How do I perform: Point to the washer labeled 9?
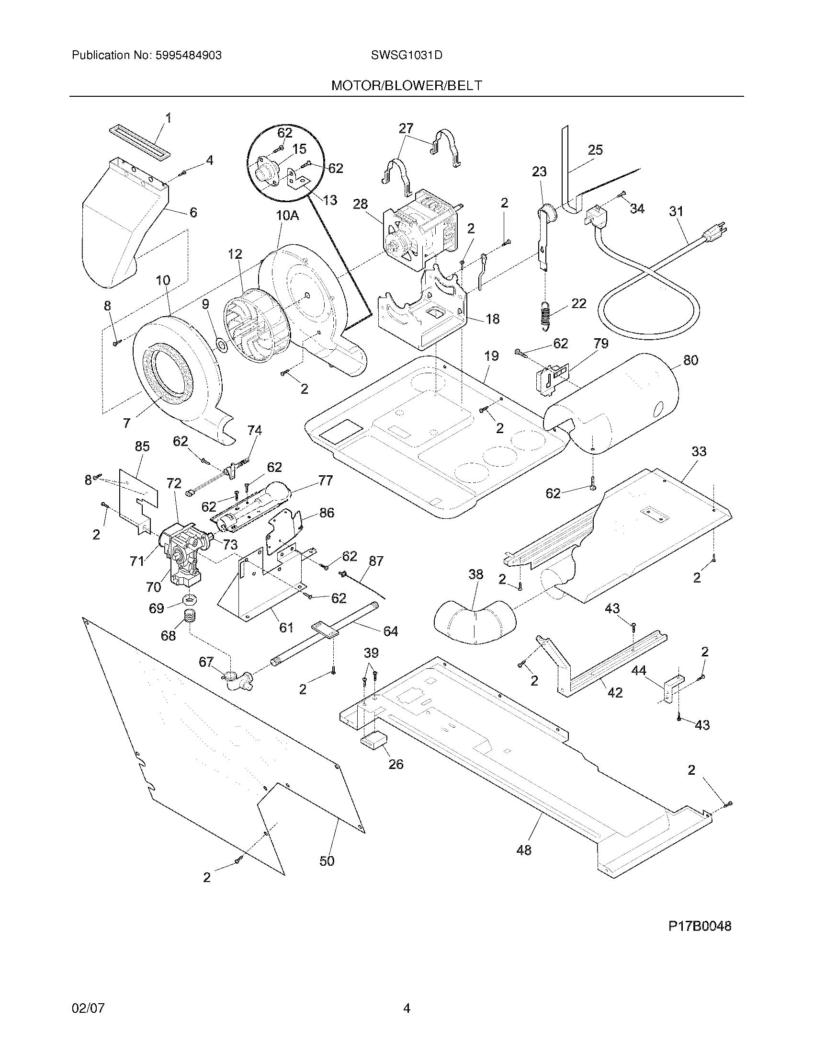point(222,345)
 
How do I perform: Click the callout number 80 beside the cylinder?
point(690,360)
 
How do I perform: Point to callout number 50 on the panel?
point(327,861)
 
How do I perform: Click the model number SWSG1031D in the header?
point(407,56)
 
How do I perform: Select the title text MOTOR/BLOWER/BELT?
point(407,86)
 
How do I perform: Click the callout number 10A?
point(287,216)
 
